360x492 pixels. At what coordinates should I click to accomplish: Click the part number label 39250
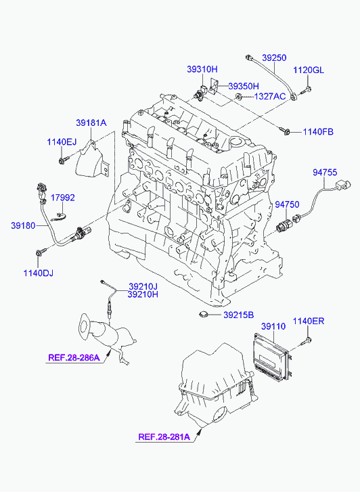pyautogui.click(x=274, y=58)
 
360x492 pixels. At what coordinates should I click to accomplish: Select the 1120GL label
pyautogui.click(x=309, y=70)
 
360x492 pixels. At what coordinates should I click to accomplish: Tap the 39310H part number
pyautogui.click(x=202, y=69)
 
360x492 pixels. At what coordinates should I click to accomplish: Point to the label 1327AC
pyautogui.click(x=270, y=96)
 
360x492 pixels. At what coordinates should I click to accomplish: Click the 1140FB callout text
pyautogui.click(x=318, y=132)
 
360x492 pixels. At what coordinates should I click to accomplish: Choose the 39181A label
pyautogui.click(x=91, y=122)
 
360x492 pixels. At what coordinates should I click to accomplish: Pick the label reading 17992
pyautogui.click(x=63, y=198)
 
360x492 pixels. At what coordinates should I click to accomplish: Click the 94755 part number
pyautogui.click(x=325, y=173)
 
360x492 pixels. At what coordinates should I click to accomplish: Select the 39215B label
pyautogui.click(x=239, y=315)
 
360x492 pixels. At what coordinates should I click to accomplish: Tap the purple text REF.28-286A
pyautogui.click(x=74, y=357)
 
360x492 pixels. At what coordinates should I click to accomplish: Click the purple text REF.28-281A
pyautogui.click(x=164, y=437)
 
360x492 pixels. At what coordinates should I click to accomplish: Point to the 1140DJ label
pyautogui.click(x=39, y=273)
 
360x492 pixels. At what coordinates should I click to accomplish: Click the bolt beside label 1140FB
pyautogui.click(x=284, y=131)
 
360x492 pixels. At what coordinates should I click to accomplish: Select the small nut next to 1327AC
pyautogui.click(x=239, y=96)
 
